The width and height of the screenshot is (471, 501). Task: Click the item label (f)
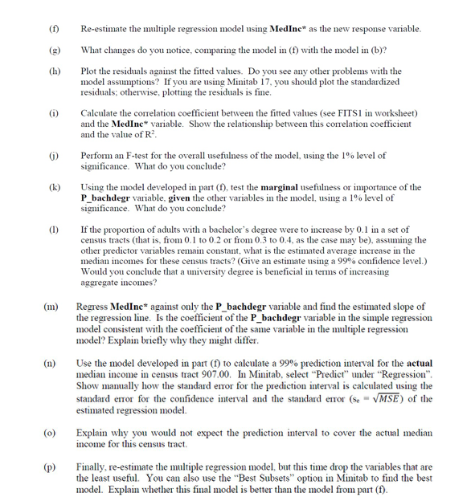tap(55, 29)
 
